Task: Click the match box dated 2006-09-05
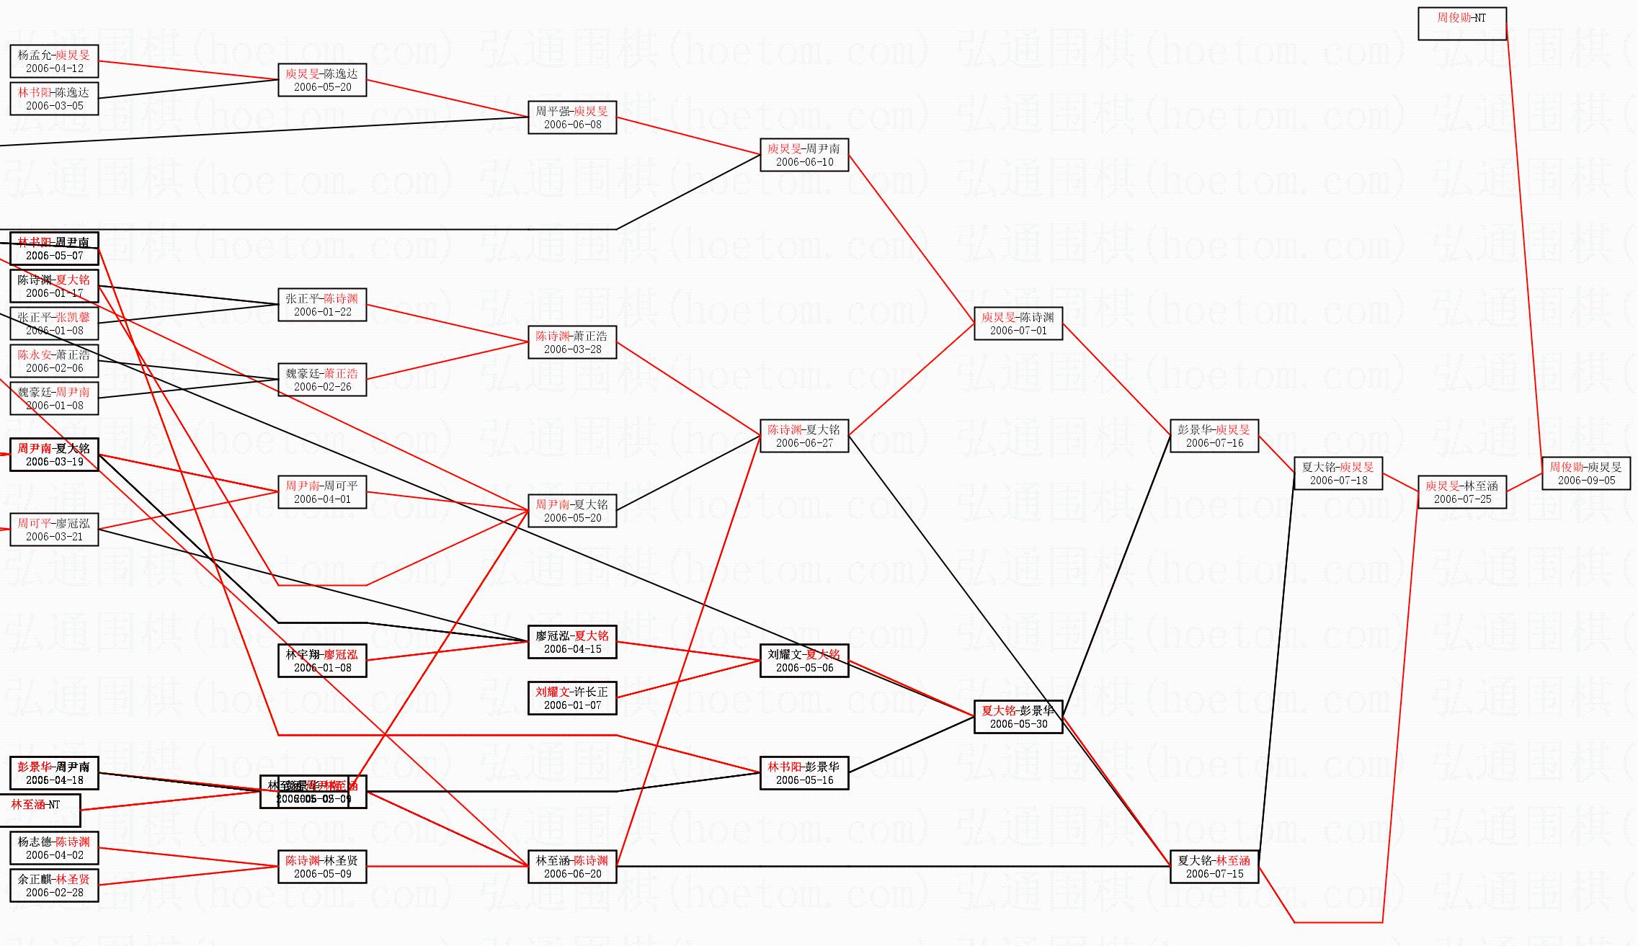click(1585, 473)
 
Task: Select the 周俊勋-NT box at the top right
click(1461, 23)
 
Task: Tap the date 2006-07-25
click(1462, 499)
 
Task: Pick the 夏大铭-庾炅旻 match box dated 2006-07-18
click(1337, 473)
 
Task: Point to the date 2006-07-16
click(1214, 443)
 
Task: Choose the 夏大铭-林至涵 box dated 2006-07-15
click(1214, 867)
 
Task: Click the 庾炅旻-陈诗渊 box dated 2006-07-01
click(1018, 323)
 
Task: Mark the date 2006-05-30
click(1018, 724)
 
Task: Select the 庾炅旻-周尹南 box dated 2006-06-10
click(804, 155)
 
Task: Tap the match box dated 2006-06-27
click(804, 436)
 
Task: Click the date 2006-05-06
click(804, 668)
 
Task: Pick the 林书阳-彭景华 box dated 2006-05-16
click(804, 773)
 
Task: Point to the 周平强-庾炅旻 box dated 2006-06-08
click(571, 117)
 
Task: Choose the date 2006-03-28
click(572, 349)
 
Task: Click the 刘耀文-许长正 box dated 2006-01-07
click(571, 698)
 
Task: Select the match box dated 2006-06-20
click(571, 867)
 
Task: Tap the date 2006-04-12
click(55, 68)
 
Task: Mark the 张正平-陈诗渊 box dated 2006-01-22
click(321, 305)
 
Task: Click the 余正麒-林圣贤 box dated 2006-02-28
click(54, 885)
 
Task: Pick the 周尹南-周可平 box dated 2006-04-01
click(321, 492)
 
